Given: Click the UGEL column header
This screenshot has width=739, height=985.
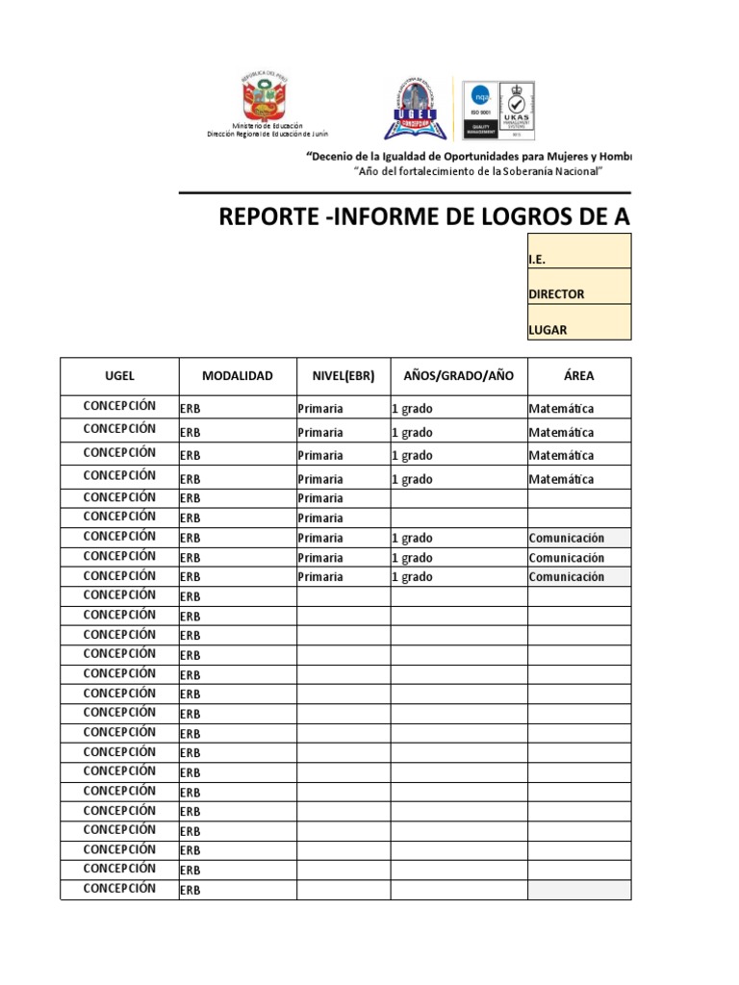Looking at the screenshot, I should pos(119,376).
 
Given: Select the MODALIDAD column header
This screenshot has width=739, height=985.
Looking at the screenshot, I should pos(237,376).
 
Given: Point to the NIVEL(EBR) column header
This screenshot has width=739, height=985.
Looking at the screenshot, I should pos(343,376).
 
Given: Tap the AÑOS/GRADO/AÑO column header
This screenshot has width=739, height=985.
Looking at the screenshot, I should pos(458,376).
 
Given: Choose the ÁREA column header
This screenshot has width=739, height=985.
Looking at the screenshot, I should pos(578,376).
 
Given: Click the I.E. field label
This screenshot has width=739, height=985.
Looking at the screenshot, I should pos(538,260).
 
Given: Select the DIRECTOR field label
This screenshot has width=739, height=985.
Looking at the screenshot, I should pos(556,294).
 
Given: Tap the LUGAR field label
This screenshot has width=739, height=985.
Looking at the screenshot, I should pos(548,330).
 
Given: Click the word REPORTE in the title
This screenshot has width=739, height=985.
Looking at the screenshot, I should pos(268,217).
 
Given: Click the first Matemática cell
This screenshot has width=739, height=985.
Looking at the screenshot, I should pos(561,409).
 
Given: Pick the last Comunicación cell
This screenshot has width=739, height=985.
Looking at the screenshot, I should pos(567,577).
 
